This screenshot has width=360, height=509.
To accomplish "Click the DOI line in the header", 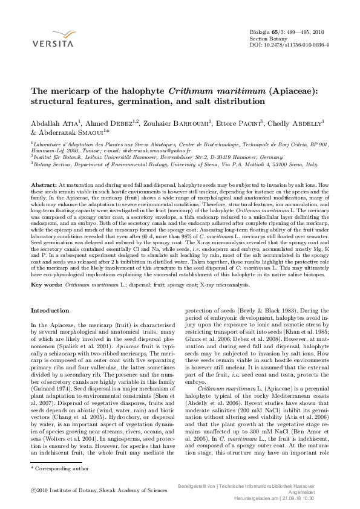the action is [283, 45].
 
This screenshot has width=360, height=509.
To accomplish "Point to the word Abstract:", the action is [44, 183].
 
